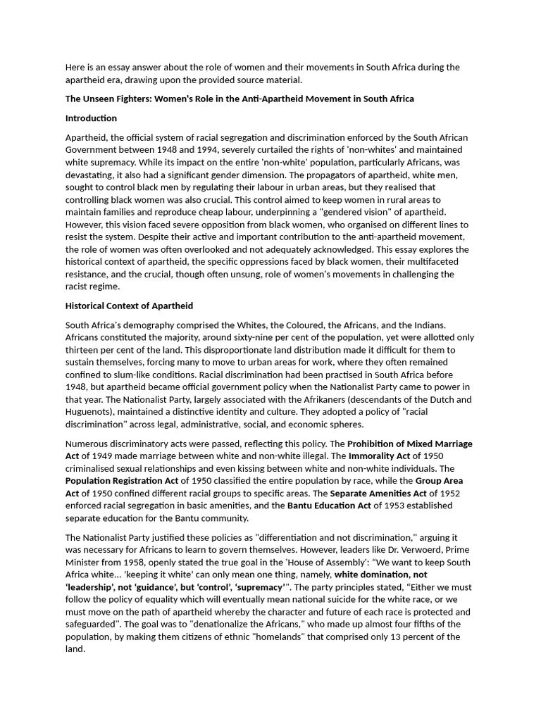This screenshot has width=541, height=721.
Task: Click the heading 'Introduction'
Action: [x=91, y=118]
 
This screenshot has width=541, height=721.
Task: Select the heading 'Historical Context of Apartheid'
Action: [x=129, y=306]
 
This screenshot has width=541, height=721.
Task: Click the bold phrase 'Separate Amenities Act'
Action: [x=378, y=493]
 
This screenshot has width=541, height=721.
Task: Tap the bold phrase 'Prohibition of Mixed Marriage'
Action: [x=410, y=444]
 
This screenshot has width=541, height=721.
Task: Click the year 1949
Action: [x=97, y=456]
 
